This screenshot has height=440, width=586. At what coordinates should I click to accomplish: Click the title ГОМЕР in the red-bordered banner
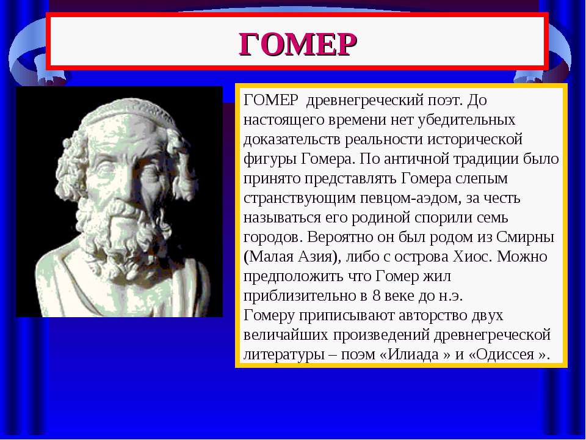pyautogui.click(x=298, y=44)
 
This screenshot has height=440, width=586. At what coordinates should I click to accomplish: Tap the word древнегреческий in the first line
pyautogui.click(x=364, y=100)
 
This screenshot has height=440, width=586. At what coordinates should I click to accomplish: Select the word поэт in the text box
pyautogui.click(x=444, y=100)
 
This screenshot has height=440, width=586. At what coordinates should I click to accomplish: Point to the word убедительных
pyautogui.click(x=466, y=120)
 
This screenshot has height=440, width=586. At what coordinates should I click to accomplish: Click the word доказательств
pyautogui.click(x=292, y=139)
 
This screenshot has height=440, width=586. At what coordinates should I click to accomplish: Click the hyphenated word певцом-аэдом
pyautogui.click(x=409, y=198)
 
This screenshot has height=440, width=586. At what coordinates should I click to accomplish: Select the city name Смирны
pyautogui.click(x=525, y=237)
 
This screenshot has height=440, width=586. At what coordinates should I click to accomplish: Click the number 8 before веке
pyautogui.click(x=377, y=296)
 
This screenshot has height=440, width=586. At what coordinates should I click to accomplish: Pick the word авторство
pyautogui.click(x=432, y=315)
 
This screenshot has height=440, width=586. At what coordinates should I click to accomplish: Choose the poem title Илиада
pyautogui.click(x=413, y=354)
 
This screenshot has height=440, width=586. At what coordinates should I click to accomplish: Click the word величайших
pyautogui.click(x=285, y=335)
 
